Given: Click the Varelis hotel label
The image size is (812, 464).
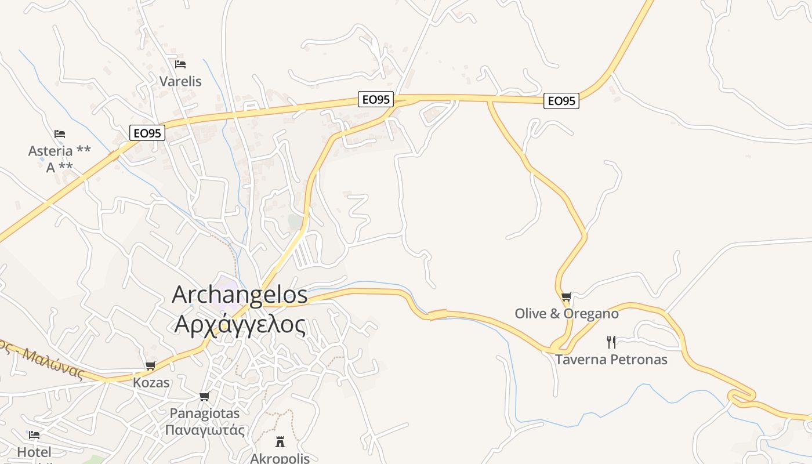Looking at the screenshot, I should tap(180, 81).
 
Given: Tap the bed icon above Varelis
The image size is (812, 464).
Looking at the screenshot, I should tap(180, 64).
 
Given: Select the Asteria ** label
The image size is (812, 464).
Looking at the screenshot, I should tap(59, 151).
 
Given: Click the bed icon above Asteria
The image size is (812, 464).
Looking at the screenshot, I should tap(59, 134).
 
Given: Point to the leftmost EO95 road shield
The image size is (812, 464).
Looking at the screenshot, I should tap(147, 133).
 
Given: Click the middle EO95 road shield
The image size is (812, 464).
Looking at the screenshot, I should tap(376, 100).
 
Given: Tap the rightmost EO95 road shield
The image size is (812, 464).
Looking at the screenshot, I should tap(561, 101).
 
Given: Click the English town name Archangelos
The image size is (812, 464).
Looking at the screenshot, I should tap(240, 295).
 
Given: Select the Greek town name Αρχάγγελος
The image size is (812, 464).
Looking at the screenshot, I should tap(240, 325).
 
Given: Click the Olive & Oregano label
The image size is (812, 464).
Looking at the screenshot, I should tap(567, 314).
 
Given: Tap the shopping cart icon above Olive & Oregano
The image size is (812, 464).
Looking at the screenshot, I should tap(567, 297).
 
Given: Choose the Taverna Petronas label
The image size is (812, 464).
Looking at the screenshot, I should tap(611, 360).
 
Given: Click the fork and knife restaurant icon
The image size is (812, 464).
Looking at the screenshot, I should tap(611, 342).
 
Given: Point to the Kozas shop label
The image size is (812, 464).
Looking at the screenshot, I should tap(151, 383).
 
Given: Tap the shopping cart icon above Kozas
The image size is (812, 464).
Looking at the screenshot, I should tap(151, 366).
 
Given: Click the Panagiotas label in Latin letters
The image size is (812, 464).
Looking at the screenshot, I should tap(204, 414).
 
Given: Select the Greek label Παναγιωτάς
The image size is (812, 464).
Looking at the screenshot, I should tap(204, 430).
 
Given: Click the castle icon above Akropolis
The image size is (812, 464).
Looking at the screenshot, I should tap(280, 442).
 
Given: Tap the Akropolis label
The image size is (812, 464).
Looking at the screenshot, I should tap(280, 458).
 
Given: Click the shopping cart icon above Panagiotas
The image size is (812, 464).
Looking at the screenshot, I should tap(204, 397).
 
